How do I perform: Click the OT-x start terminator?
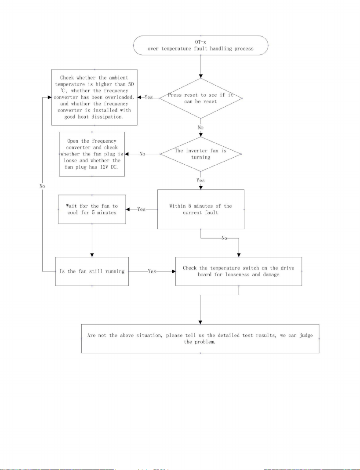[x=200, y=45]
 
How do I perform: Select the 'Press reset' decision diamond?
[x=200, y=98]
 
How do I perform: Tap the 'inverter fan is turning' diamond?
[x=200, y=154]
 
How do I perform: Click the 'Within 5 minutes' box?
[x=201, y=209]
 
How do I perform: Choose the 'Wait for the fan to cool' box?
[x=92, y=209]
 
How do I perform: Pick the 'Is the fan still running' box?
[x=92, y=271]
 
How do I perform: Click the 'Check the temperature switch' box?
[x=239, y=271]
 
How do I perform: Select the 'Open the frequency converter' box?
[x=92, y=154]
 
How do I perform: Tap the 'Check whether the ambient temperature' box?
[x=95, y=98]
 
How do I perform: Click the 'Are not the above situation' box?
[x=200, y=338]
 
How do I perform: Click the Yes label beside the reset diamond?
[x=149, y=97]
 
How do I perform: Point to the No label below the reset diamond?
[x=200, y=127]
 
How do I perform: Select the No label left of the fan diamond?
[x=142, y=154]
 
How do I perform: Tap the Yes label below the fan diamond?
[x=200, y=180]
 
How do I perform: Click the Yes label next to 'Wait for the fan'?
[x=141, y=209]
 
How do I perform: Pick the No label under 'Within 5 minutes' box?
[x=225, y=238]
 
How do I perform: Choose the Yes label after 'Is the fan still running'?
[x=152, y=271]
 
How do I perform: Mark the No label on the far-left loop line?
[x=42, y=186]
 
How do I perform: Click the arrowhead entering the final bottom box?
[x=200, y=322]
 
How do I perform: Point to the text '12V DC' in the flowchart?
[x=109, y=167]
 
